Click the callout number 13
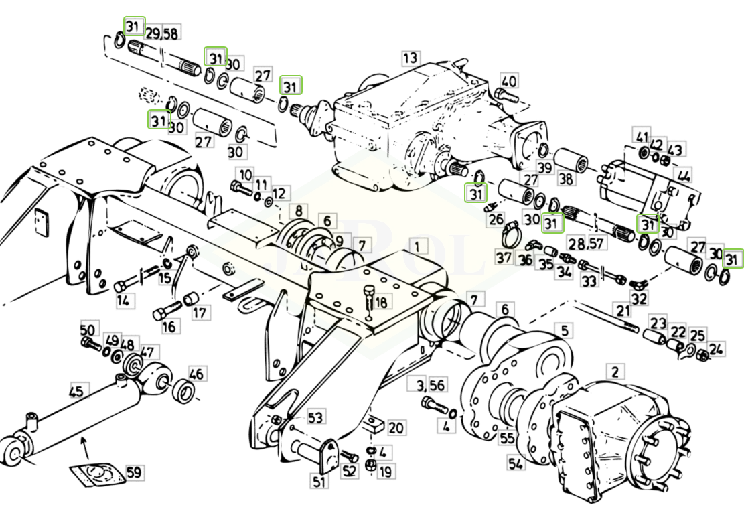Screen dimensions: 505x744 click(x=410, y=58)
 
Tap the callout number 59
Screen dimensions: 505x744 click(x=133, y=473)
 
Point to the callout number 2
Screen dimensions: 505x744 click(x=615, y=371)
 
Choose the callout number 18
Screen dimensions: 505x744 click(x=380, y=303)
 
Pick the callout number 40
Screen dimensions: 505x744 click(x=508, y=81)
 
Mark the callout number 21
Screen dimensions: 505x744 click(x=623, y=311)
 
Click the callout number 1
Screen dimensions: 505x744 click(x=417, y=246)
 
